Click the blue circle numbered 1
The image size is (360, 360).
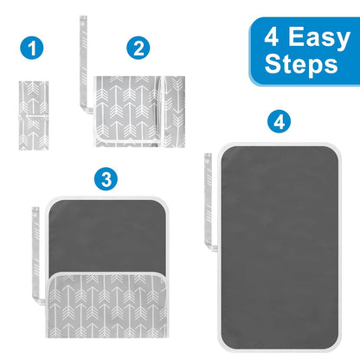click(32, 48)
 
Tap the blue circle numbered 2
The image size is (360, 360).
click(138, 48)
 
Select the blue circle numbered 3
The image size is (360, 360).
click(106, 179)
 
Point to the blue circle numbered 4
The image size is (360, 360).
click(279, 121)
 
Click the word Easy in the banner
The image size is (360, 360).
click(319, 38)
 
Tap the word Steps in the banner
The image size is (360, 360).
click(301, 64)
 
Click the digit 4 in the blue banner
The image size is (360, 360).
click(272, 36)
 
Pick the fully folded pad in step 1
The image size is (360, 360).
click(34, 115)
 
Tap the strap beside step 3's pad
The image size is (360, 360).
click(35, 254)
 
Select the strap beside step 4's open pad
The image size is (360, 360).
click(208, 202)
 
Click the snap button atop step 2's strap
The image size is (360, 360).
click(83, 20)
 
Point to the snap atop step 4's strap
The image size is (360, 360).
click(208, 157)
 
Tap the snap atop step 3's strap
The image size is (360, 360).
click(35, 211)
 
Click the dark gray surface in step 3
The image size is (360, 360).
click(107, 235)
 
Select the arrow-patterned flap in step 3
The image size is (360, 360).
click(107, 305)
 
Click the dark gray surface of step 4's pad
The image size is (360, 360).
click(280, 247)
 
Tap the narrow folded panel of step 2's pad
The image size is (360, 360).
click(172, 112)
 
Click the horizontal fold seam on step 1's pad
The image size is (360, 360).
click(34, 115)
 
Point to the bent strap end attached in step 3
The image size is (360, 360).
click(41, 301)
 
